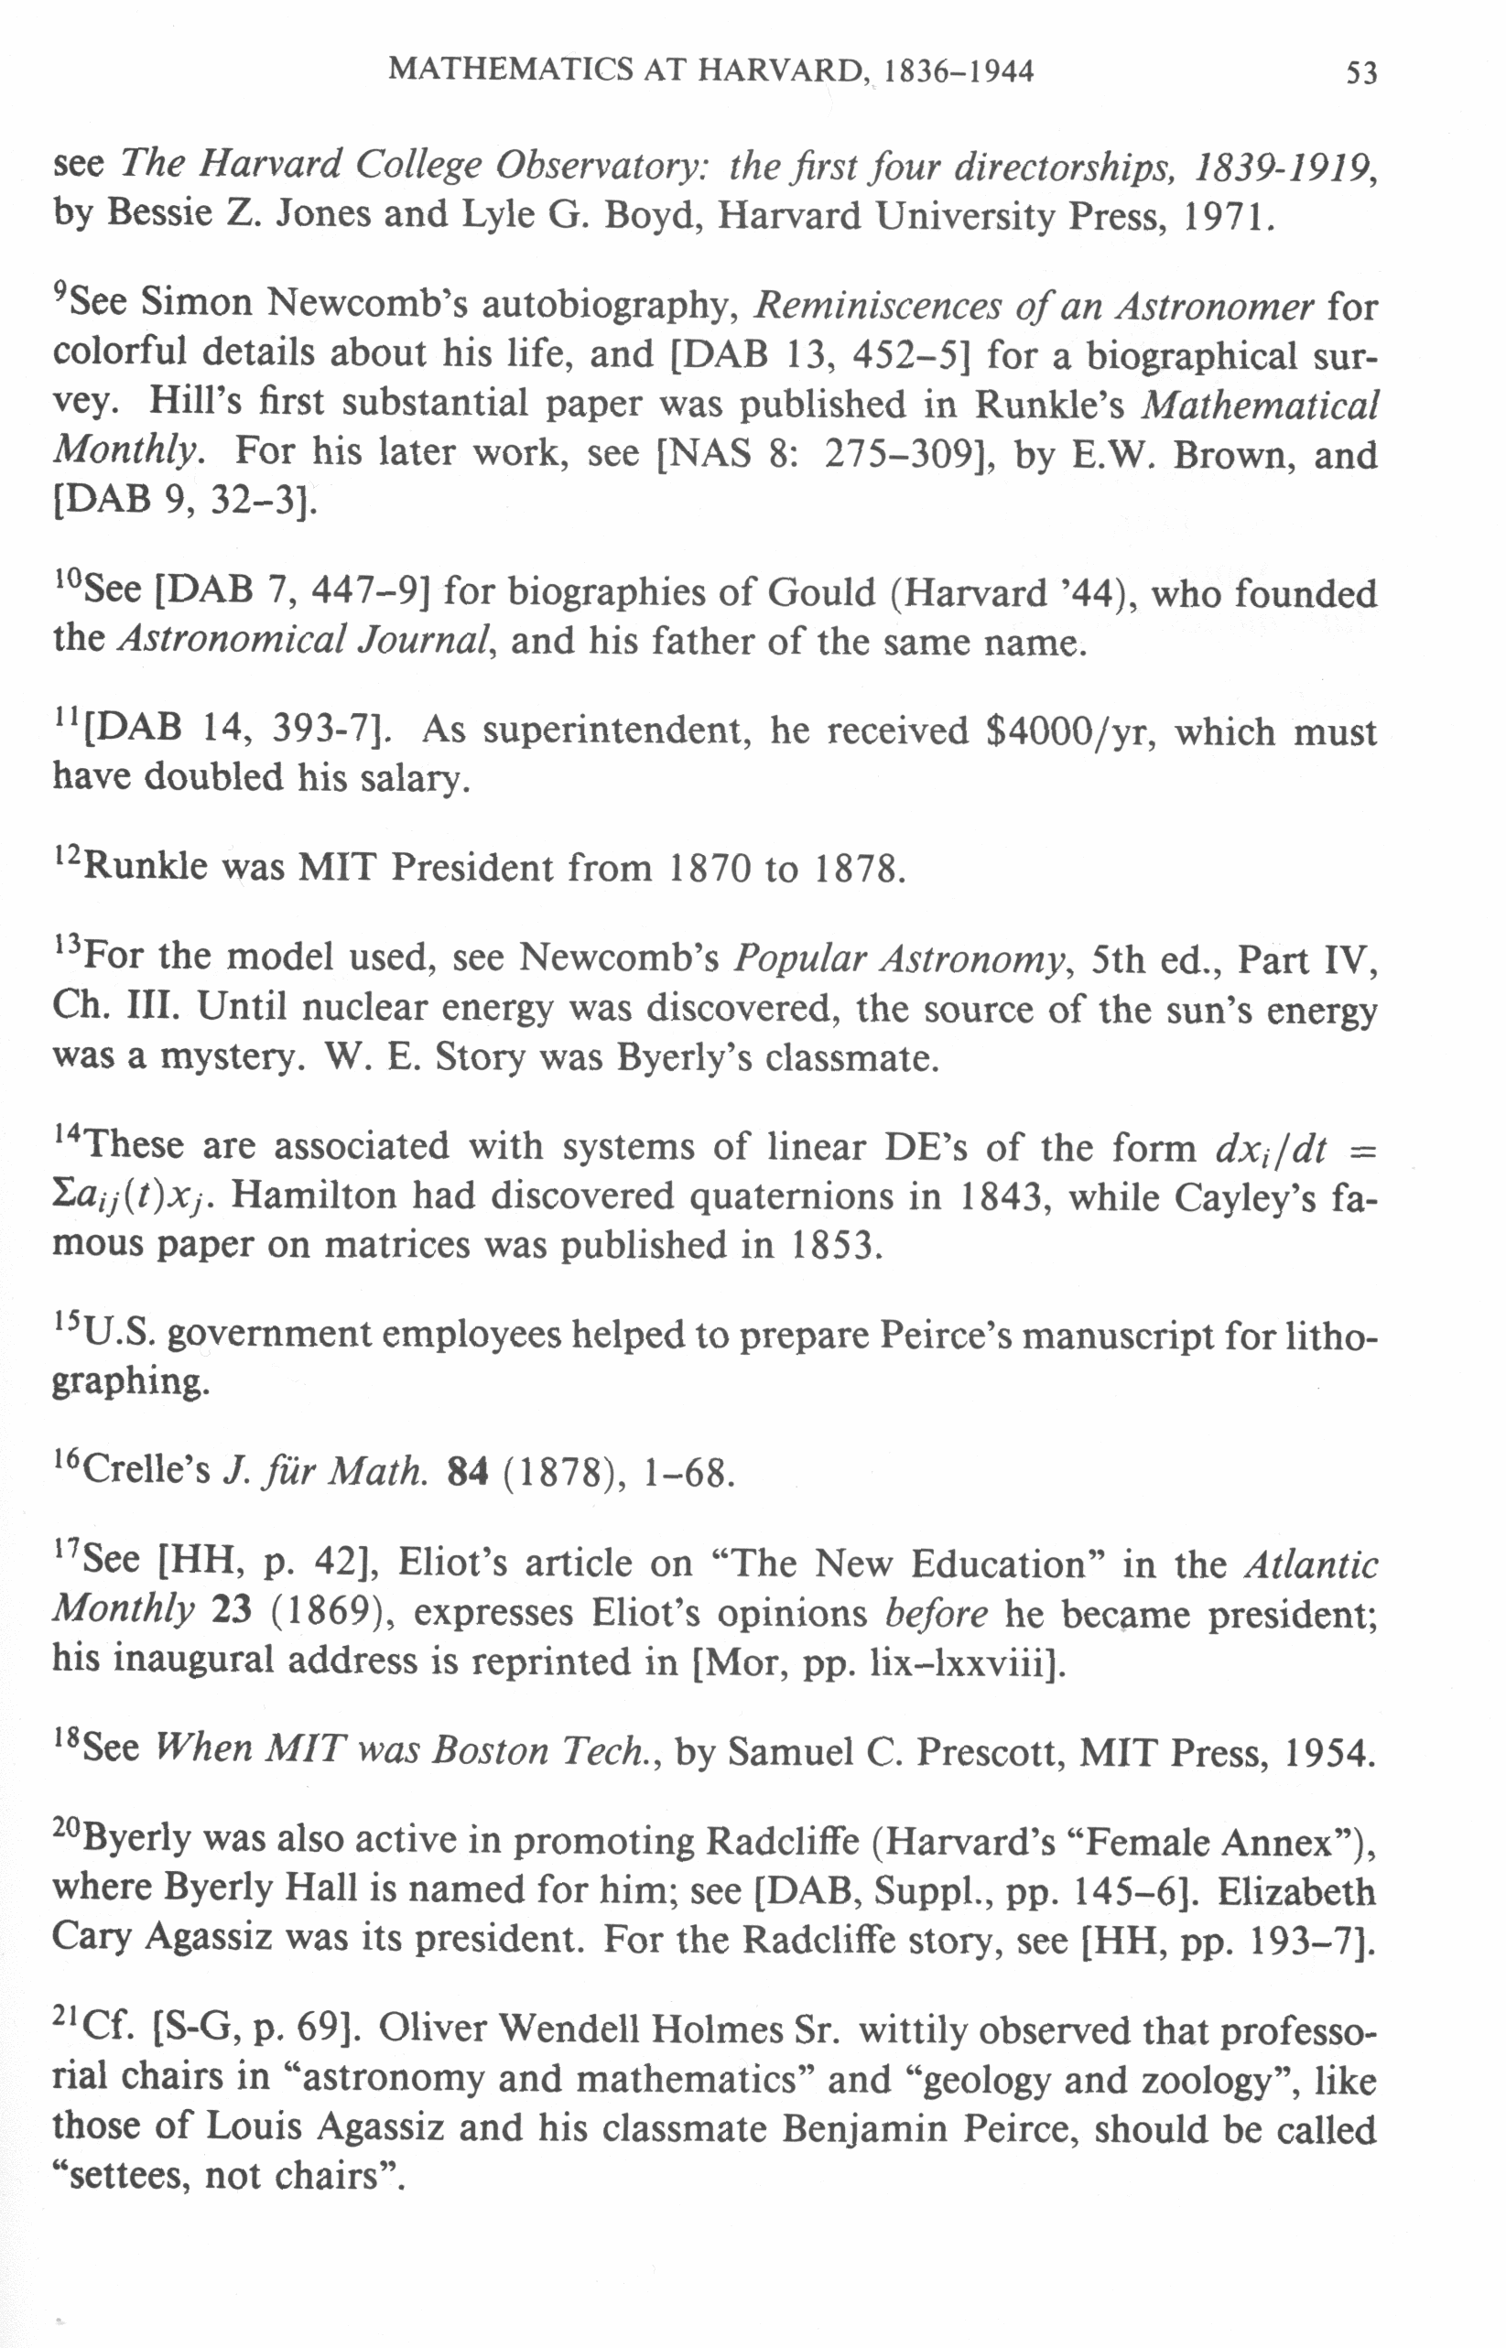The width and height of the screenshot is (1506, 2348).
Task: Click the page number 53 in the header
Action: pos(1361,73)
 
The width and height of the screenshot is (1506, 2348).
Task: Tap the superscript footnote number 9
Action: pos(60,292)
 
